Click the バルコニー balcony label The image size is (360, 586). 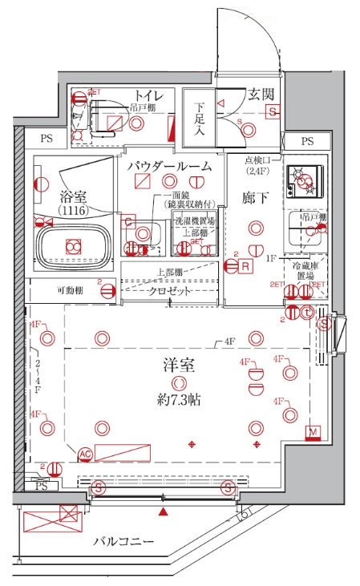[122, 543]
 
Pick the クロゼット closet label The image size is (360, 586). [171, 292]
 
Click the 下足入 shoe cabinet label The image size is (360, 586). [199, 119]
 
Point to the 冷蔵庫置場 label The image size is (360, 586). [308, 272]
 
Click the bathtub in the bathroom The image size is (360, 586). [74, 245]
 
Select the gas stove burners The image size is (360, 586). [305, 182]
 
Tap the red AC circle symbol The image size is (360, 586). [84, 454]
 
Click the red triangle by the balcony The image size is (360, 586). [164, 511]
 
